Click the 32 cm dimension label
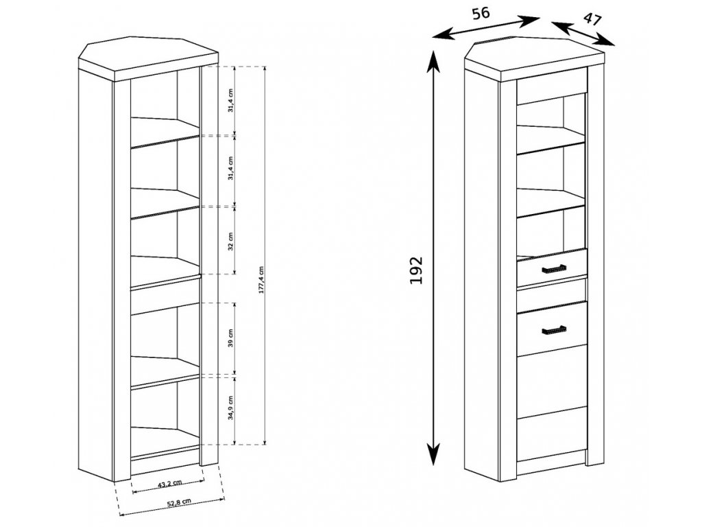[231, 240]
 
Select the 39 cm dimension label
[231, 338]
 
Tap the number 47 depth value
[592, 19]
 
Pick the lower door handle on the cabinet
[551, 331]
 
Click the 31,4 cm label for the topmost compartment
[231, 101]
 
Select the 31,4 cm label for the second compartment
[231, 170]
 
